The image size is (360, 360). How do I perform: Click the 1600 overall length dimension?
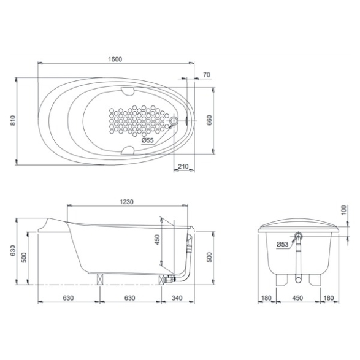pos(115,59)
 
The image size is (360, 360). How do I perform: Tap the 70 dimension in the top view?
pos(207,75)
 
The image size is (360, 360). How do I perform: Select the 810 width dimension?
pos(13,120)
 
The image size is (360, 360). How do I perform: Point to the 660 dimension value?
pos(209,120)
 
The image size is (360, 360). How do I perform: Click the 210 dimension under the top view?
pos(183,166)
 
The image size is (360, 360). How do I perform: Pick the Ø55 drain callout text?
pos(147,140)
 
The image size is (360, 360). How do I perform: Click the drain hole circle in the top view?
pos(174,121)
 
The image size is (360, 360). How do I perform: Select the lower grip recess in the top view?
pos(128,150)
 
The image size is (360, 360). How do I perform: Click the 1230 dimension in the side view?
pos(126,202)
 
